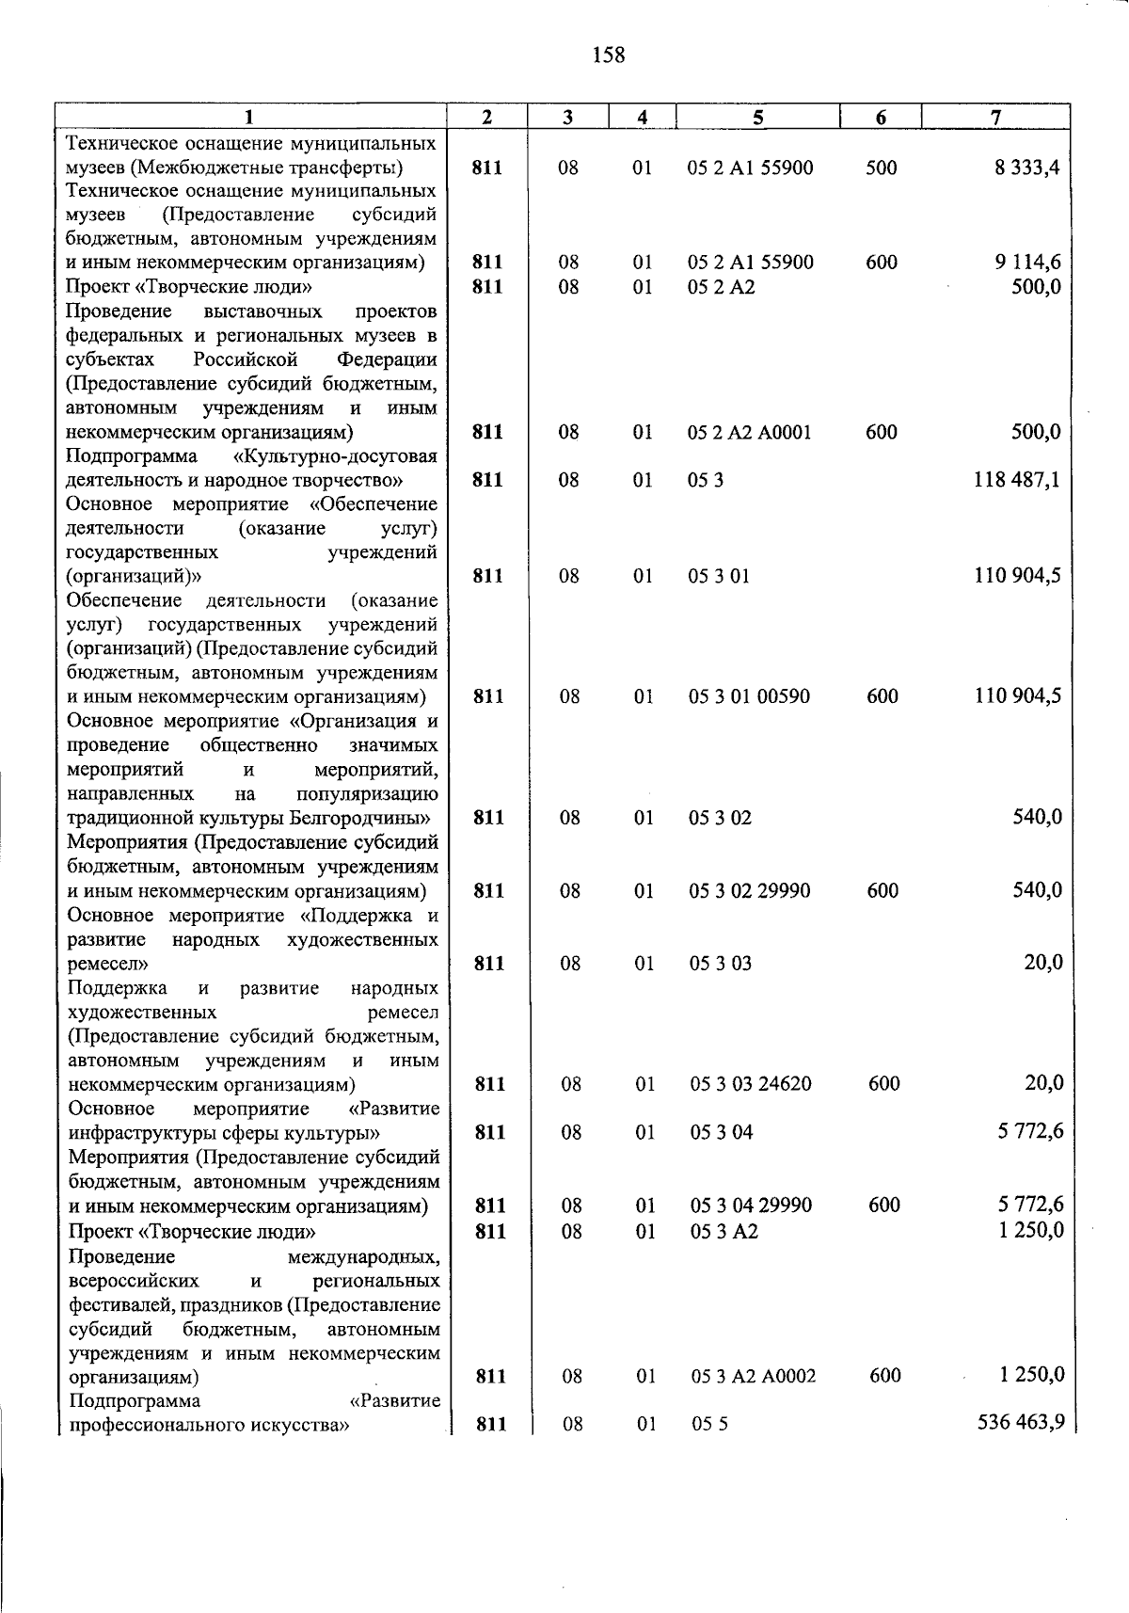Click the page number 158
[x=609, y=56]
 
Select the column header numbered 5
[x=757, y=118]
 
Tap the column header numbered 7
[x=995, y=118]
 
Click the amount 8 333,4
[x=1028, y=168]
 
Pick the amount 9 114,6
[x=1028, y=263]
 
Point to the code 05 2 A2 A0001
[x=750, y=433]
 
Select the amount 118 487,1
[x=1018, y=480]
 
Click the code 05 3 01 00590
[x=749, y=696]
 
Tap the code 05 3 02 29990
[x=749, y=891]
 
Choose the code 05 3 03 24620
[x=751, y=1084]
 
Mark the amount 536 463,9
[x=1021, y=1421]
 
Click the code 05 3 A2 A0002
[x=754, y=1377]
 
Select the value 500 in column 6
[x=882, y=168]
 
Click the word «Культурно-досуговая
[x=335, y=456]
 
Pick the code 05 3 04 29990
[x=751, y=1206]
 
